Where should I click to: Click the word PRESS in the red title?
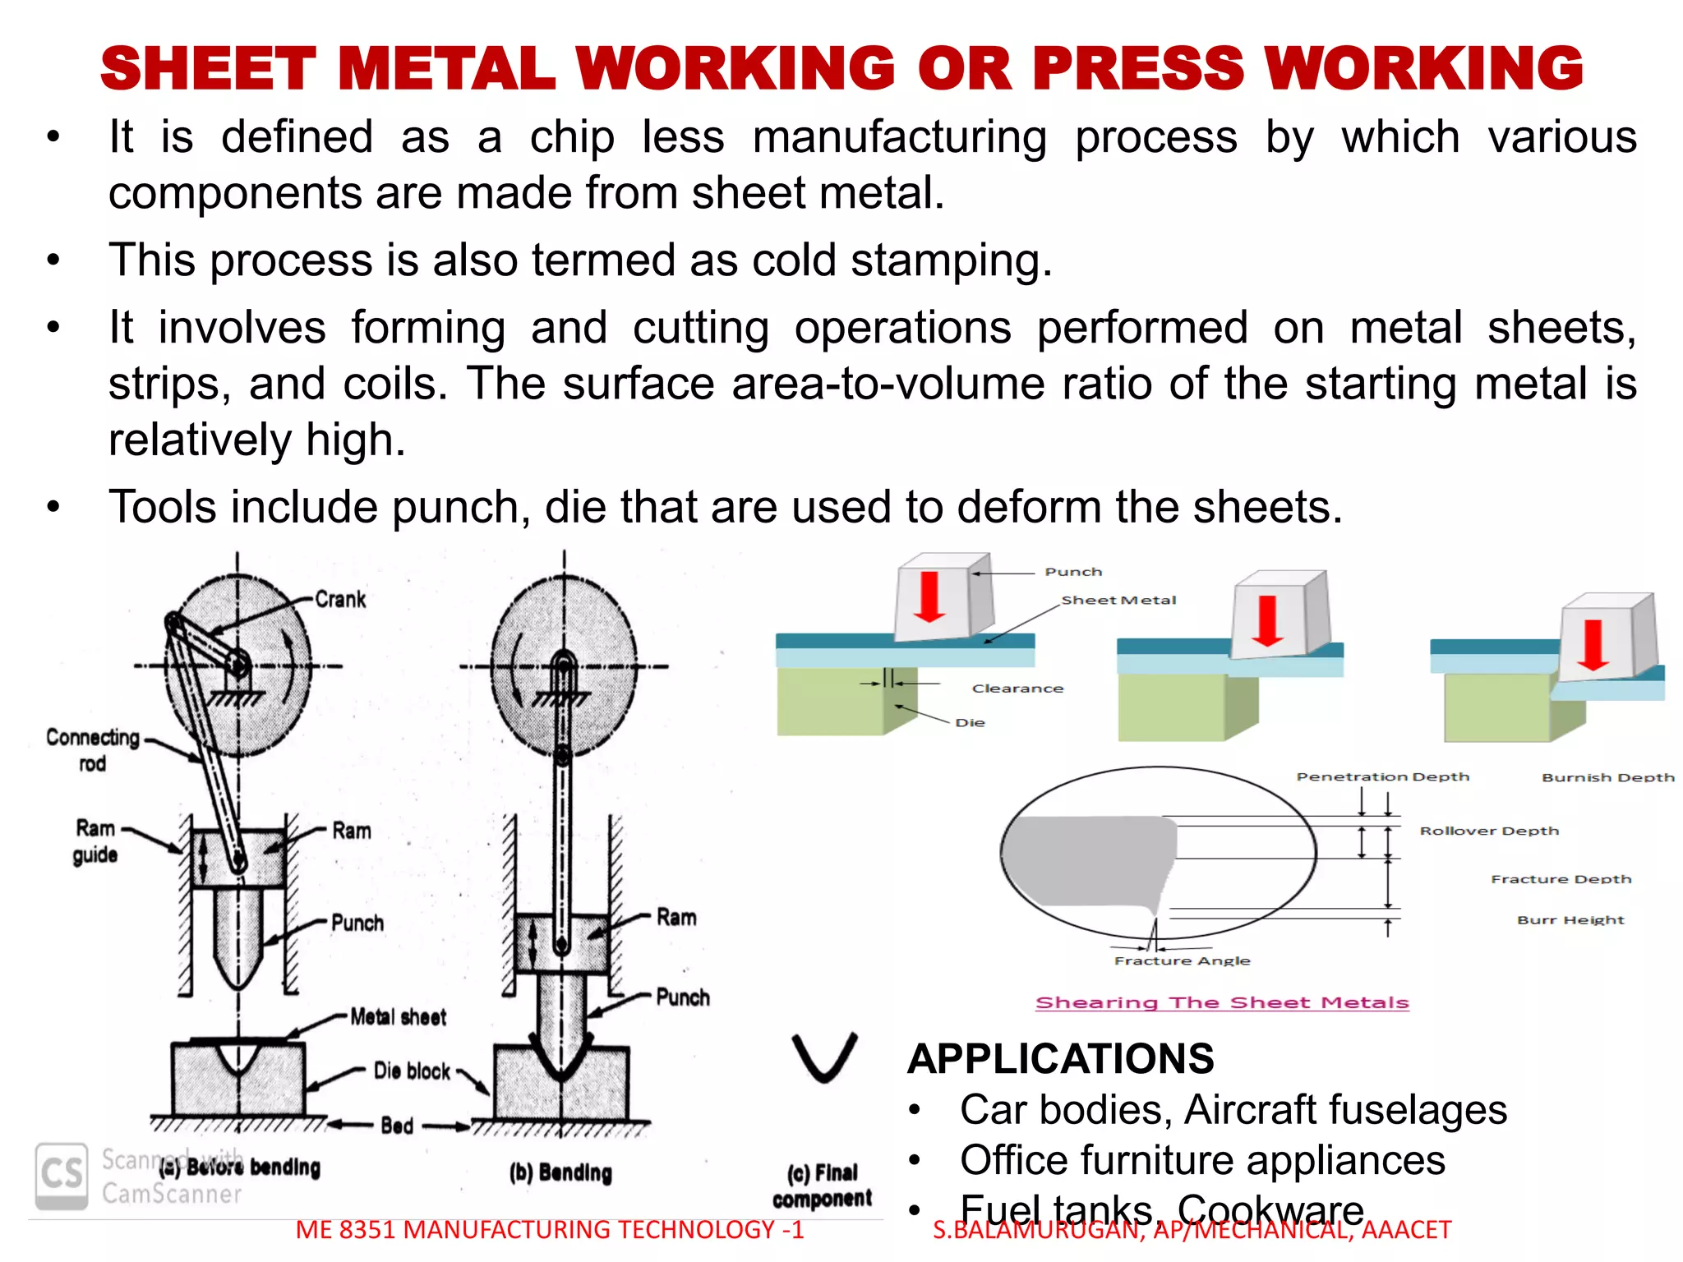coord(1138,68)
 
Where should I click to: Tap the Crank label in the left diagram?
coord(340,599)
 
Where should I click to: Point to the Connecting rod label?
coord(92,749)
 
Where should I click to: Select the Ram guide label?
coord(95,841)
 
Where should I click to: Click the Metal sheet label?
coord(398,1017)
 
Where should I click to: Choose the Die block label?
coord(412,1071)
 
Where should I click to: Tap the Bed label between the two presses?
coord(397,1126)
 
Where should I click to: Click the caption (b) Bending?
coord(560,1172)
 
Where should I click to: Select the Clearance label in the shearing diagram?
coord(1017,689)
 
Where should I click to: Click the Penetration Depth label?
coord(1382,776)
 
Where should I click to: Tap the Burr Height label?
coord(1570,920)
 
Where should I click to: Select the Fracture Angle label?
coord(1182,960)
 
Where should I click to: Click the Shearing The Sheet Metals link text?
coord(1222,1002)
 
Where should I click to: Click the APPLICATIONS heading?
coord(1060,1058)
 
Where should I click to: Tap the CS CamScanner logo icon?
coord(62,1175)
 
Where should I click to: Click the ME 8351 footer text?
coord(549,1230)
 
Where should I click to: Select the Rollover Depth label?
coord(1489,831)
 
